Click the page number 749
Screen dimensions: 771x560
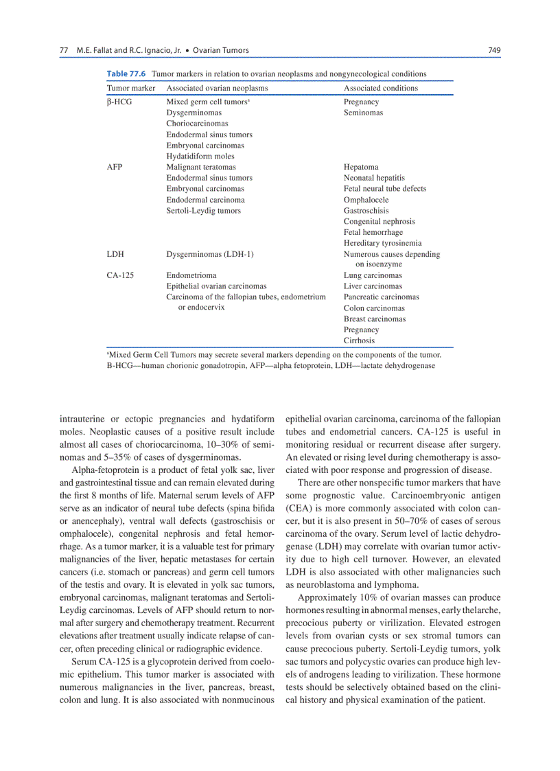(493, 50)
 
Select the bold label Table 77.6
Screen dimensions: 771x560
(127, 73)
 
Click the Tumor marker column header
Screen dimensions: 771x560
(130, 88)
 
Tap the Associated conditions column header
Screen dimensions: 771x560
(380, 88)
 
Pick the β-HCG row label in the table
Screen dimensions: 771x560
(119, 102)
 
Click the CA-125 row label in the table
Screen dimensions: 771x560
(120, 275)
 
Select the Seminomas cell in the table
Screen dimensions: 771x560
(363, 113)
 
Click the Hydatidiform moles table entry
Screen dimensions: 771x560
(200, 156)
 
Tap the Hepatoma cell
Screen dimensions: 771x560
(361, 167)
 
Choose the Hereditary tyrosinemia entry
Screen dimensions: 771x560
(382, 243)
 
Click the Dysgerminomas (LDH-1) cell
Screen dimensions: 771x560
(210, 254)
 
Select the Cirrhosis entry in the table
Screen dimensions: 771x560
(359, 340)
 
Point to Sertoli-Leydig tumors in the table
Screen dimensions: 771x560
(203, 210)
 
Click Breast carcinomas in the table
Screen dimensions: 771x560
(374, 319)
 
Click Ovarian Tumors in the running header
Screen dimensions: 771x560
(220, 50)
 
